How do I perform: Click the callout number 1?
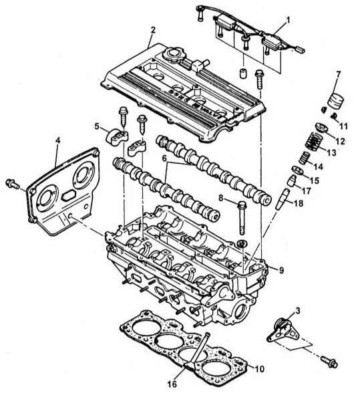[288, 20]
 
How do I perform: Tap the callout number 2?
[153, 30]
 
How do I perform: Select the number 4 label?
[57, 140]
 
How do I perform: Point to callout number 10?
[260, 369]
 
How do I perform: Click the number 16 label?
[173, 384]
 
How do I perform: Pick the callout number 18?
[299, 203]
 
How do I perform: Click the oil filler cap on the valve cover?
[174, 54]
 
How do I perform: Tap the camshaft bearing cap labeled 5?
[116, 136]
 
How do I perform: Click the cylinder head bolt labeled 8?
[241, 217]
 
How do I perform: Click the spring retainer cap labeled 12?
[321, 127]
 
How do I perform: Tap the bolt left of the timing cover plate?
[13, 184]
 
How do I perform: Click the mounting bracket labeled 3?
[283, 330]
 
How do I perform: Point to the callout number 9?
[281, 270]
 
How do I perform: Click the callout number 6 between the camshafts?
[164, 158]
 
